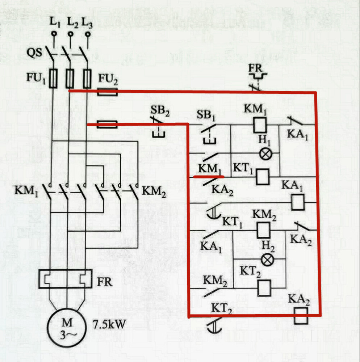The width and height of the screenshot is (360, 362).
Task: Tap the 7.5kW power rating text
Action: [x=109, y=324]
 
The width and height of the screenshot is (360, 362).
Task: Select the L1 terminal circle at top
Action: [x=54, y=34]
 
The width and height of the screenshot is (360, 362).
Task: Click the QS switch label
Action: [x=34, y=52]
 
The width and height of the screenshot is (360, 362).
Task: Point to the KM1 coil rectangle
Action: [x=260, y=125]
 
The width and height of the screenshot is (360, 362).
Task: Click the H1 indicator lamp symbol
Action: [x=266, y=154]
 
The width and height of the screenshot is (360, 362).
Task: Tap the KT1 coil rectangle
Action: [x=263, y=177]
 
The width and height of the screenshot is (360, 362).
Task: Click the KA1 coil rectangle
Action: [x=298, y=202]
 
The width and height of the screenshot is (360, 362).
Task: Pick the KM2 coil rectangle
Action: [x=263, y=230]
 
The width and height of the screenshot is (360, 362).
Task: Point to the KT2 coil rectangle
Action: [x=264, y=288]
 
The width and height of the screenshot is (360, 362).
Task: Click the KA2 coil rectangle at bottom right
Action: [x=301, y=316]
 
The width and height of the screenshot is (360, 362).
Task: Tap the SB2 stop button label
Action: [x=160, y=111]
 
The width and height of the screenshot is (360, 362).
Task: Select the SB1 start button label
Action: [x=206, y=115]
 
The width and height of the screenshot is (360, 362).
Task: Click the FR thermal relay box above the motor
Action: [x=65, y=279]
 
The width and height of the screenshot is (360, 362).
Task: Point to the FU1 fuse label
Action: [x=36, y=78]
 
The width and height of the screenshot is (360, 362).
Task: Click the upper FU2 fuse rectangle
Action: [x=107, y=92]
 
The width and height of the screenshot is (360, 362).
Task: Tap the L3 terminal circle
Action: [x=88, y=34]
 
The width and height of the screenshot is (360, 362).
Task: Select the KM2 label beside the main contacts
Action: [x=154, y=191]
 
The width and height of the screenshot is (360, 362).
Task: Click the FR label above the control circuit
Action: [x=255, y=68]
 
